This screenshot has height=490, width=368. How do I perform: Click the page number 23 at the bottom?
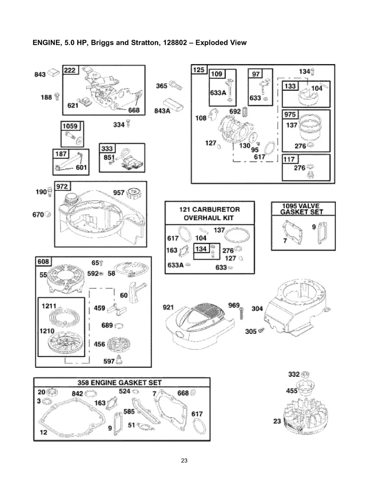[184, 461]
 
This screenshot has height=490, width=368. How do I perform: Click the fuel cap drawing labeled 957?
[133, 192]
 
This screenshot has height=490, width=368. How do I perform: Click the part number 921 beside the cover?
[168, 307]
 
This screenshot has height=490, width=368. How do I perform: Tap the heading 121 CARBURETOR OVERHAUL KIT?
[210, 213]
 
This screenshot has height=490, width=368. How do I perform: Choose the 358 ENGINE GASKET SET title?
[119, 383]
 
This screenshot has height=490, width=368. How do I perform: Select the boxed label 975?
[290, 115]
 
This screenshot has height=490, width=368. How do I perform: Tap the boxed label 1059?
[69, 126]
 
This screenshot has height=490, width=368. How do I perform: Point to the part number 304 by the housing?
[257, 309]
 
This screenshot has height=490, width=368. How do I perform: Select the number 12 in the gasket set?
[43, 432]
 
